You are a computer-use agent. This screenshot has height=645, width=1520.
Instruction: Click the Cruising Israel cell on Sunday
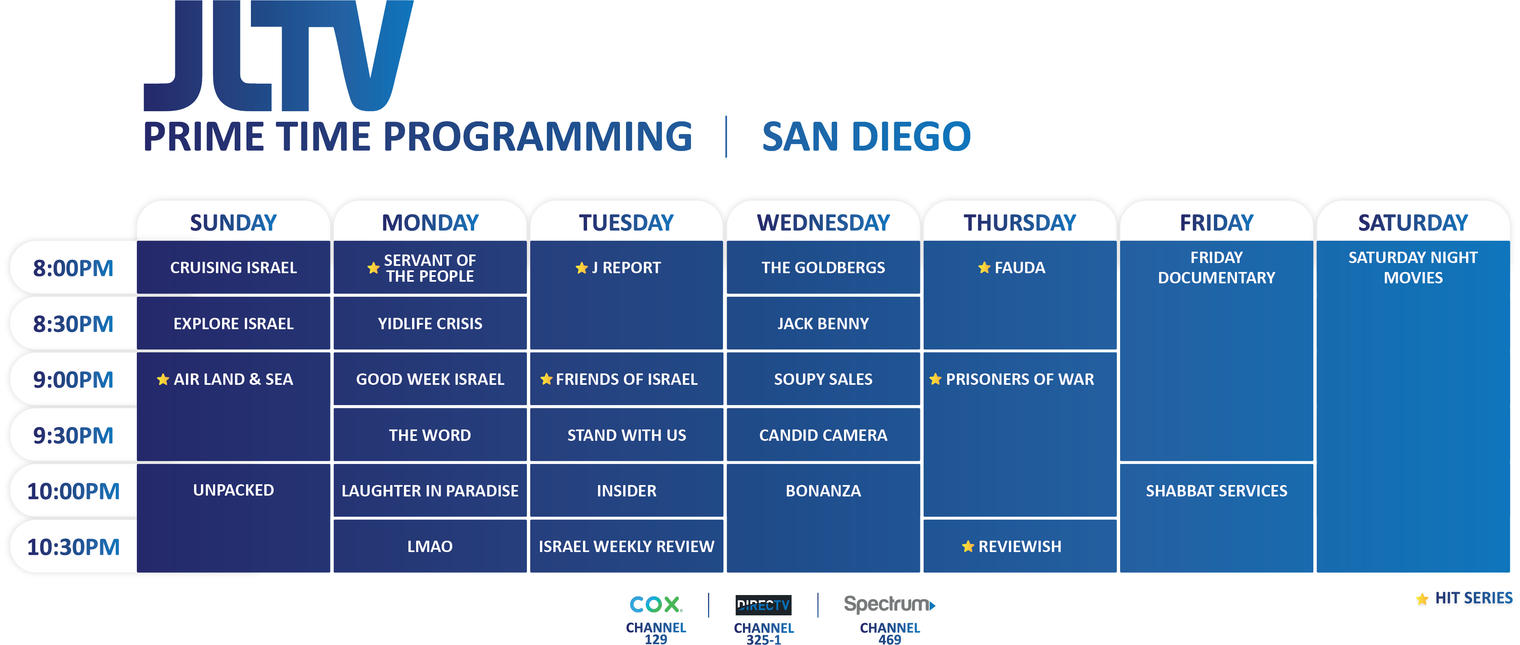pos(233,267)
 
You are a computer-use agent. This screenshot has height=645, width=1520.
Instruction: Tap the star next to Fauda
pos(984,267)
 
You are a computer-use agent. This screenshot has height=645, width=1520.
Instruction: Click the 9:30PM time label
pos(73,436)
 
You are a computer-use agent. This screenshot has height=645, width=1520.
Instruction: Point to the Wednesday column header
pos(823,222)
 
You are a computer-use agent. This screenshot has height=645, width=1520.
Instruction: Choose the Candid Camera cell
pos(823,435)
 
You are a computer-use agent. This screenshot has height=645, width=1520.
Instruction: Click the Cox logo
pos(656,604)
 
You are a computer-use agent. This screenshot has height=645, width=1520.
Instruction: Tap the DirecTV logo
pos(764,605)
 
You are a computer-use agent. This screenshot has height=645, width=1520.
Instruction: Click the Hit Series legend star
pos(1422,599)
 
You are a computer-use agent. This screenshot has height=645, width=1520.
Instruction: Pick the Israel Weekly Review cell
pos(627,546)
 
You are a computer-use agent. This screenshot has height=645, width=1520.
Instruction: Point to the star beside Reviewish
pos(968,546)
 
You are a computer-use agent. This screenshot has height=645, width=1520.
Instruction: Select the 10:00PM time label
pos(73,491)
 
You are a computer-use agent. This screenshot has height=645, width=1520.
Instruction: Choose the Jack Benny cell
pos(823,324)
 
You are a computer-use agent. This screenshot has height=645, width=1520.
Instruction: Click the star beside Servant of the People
pos(374,268)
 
